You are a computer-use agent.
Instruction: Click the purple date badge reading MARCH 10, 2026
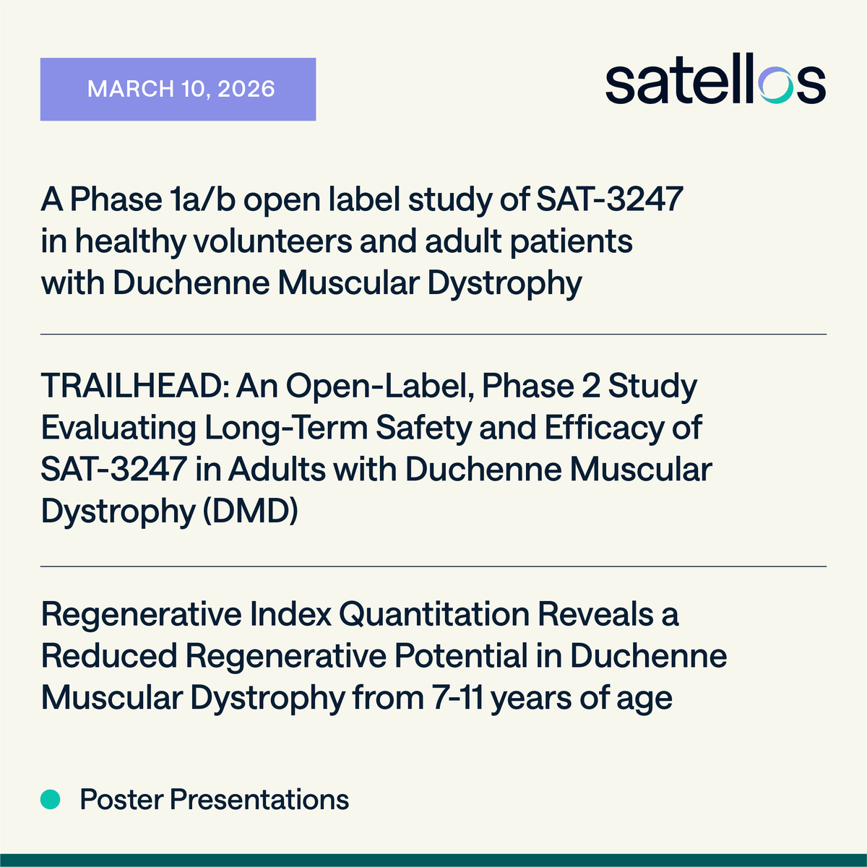pos(178,89)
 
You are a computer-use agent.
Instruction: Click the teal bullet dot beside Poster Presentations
pos(50,799)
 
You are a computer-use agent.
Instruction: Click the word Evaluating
pos(118,428)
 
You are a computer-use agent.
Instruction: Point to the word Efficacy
pos(605,428)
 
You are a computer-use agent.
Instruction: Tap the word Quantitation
pos(434,615)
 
